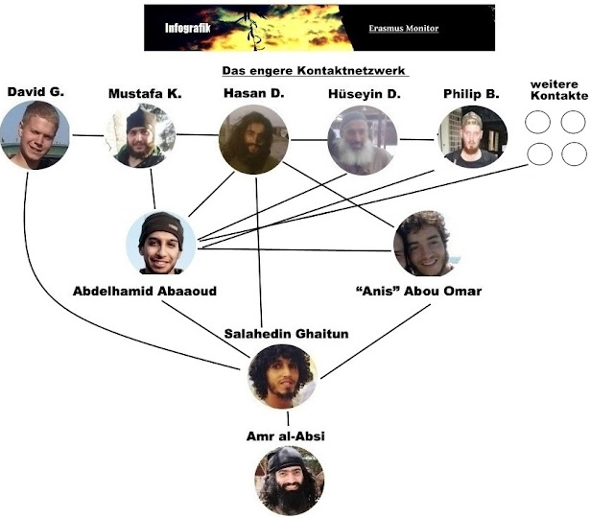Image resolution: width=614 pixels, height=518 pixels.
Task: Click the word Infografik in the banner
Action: pos(183,29)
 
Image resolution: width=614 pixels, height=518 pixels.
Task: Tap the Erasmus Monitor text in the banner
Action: pos(403,29)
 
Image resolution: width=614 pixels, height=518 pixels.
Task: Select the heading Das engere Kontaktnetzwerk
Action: pos(315,71)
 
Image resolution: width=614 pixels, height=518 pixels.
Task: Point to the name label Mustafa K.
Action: pos(144,93)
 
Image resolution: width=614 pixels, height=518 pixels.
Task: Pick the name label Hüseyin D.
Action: pos(365,93)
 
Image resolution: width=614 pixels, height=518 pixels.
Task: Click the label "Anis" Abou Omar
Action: pos(418,292)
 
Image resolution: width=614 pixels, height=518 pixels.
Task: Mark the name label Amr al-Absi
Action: pos(286,436)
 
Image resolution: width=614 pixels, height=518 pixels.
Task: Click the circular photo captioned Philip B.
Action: pos(472,137)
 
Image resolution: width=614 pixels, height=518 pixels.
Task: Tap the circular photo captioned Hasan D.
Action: pos(253,139)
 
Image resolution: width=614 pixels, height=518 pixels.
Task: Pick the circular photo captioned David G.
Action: pos(35,135)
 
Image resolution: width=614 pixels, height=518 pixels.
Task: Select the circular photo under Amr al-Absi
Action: pos(289,480)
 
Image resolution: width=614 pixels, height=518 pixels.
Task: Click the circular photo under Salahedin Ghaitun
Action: pos(282,376)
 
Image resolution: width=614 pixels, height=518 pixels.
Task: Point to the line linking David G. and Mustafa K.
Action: pos(88,135)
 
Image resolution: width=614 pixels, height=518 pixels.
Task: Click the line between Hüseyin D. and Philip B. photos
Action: pos(416,140)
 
